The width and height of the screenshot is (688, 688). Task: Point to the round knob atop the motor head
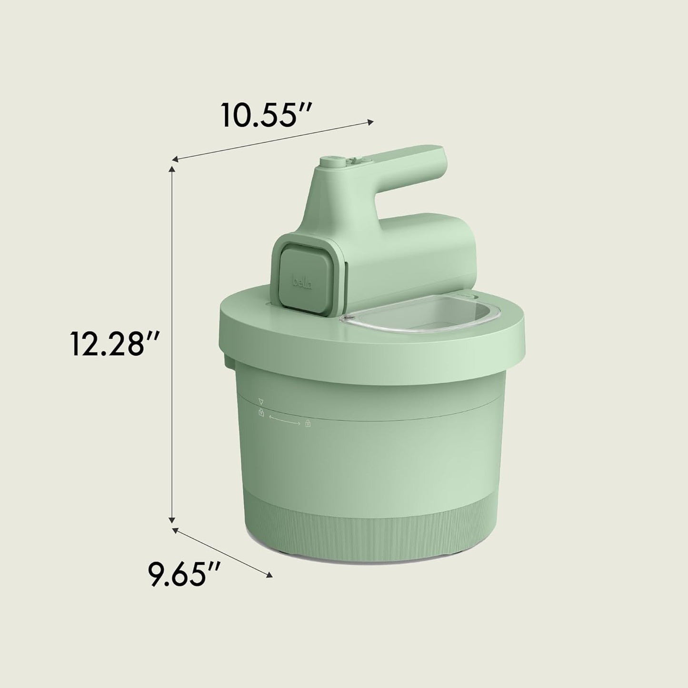point(331,162)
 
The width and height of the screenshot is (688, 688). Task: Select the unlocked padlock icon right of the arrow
point(308,423)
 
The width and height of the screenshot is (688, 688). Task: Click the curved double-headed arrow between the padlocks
point(285,420)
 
